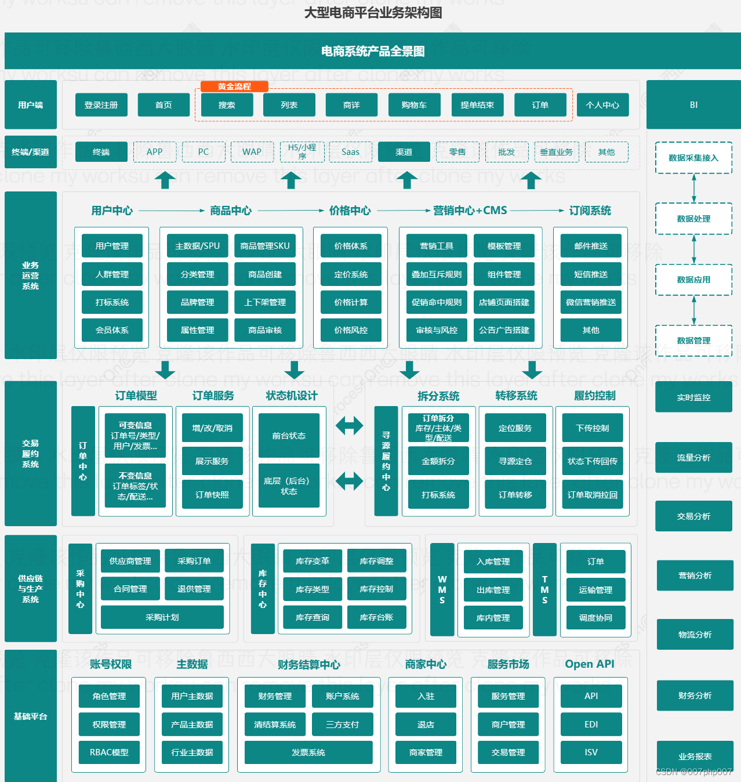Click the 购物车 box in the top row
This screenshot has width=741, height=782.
coord(414,105)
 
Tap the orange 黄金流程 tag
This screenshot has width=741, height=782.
coord(234,86)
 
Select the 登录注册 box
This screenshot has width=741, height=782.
coord(101,105)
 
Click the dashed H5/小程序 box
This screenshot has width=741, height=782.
coord(302,151)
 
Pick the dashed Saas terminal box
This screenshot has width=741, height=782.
coord(350,152)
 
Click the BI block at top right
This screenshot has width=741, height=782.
coord(693,105)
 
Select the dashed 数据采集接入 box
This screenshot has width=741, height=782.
coord(693,158)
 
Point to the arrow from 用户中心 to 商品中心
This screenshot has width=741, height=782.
coord(172,211)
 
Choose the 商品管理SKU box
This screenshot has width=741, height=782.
coord(265,246)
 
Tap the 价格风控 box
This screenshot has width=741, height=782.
coord(351,330)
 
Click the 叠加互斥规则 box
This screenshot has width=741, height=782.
coord(437,274)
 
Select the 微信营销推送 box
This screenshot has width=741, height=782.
coord(591,302)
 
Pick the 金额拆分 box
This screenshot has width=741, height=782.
coord(438,461)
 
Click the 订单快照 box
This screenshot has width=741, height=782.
coord(212,495)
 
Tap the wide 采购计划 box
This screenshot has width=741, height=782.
coord(162,617)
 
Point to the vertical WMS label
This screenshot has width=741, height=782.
coord(442,589)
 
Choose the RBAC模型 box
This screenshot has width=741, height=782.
coord(109,752)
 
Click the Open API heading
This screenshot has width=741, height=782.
coord(589,664)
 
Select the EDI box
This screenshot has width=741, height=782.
coord(591,725)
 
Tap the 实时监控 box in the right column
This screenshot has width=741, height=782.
coord(693,397)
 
